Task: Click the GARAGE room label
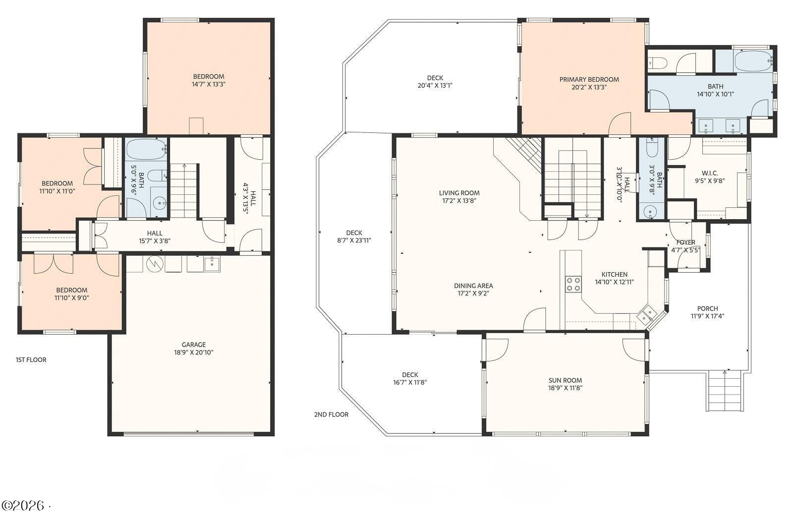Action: pyautogui.click(x=193, y=345)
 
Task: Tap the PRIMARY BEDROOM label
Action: pyautogui.click(x=589, y=79)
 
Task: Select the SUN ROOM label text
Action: pyautogui.click(x=565, y=380)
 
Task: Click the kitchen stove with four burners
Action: pyautogui.click(x=573, y=284)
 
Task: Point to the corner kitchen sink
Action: pyautogui.click(x=647, y=314)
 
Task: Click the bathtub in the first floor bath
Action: pyautogui.click(x=146, y=149)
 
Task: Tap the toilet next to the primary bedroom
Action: pyautogui.click(x=657, y=63)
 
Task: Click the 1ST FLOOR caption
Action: pyautogui.click(x=31, y=359)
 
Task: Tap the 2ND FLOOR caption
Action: pyautogui.click(x=331, y=414)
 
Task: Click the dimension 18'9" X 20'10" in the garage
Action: pyautogui.click(x=193, y=353)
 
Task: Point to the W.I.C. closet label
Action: pyautogui.click(x=709, y=173)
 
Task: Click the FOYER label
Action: pyautogui.click(x=685, y=242)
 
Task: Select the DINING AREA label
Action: pyautogui.click(x=473, y=286)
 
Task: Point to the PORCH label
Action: pyautogui.click(x=707, y=308)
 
